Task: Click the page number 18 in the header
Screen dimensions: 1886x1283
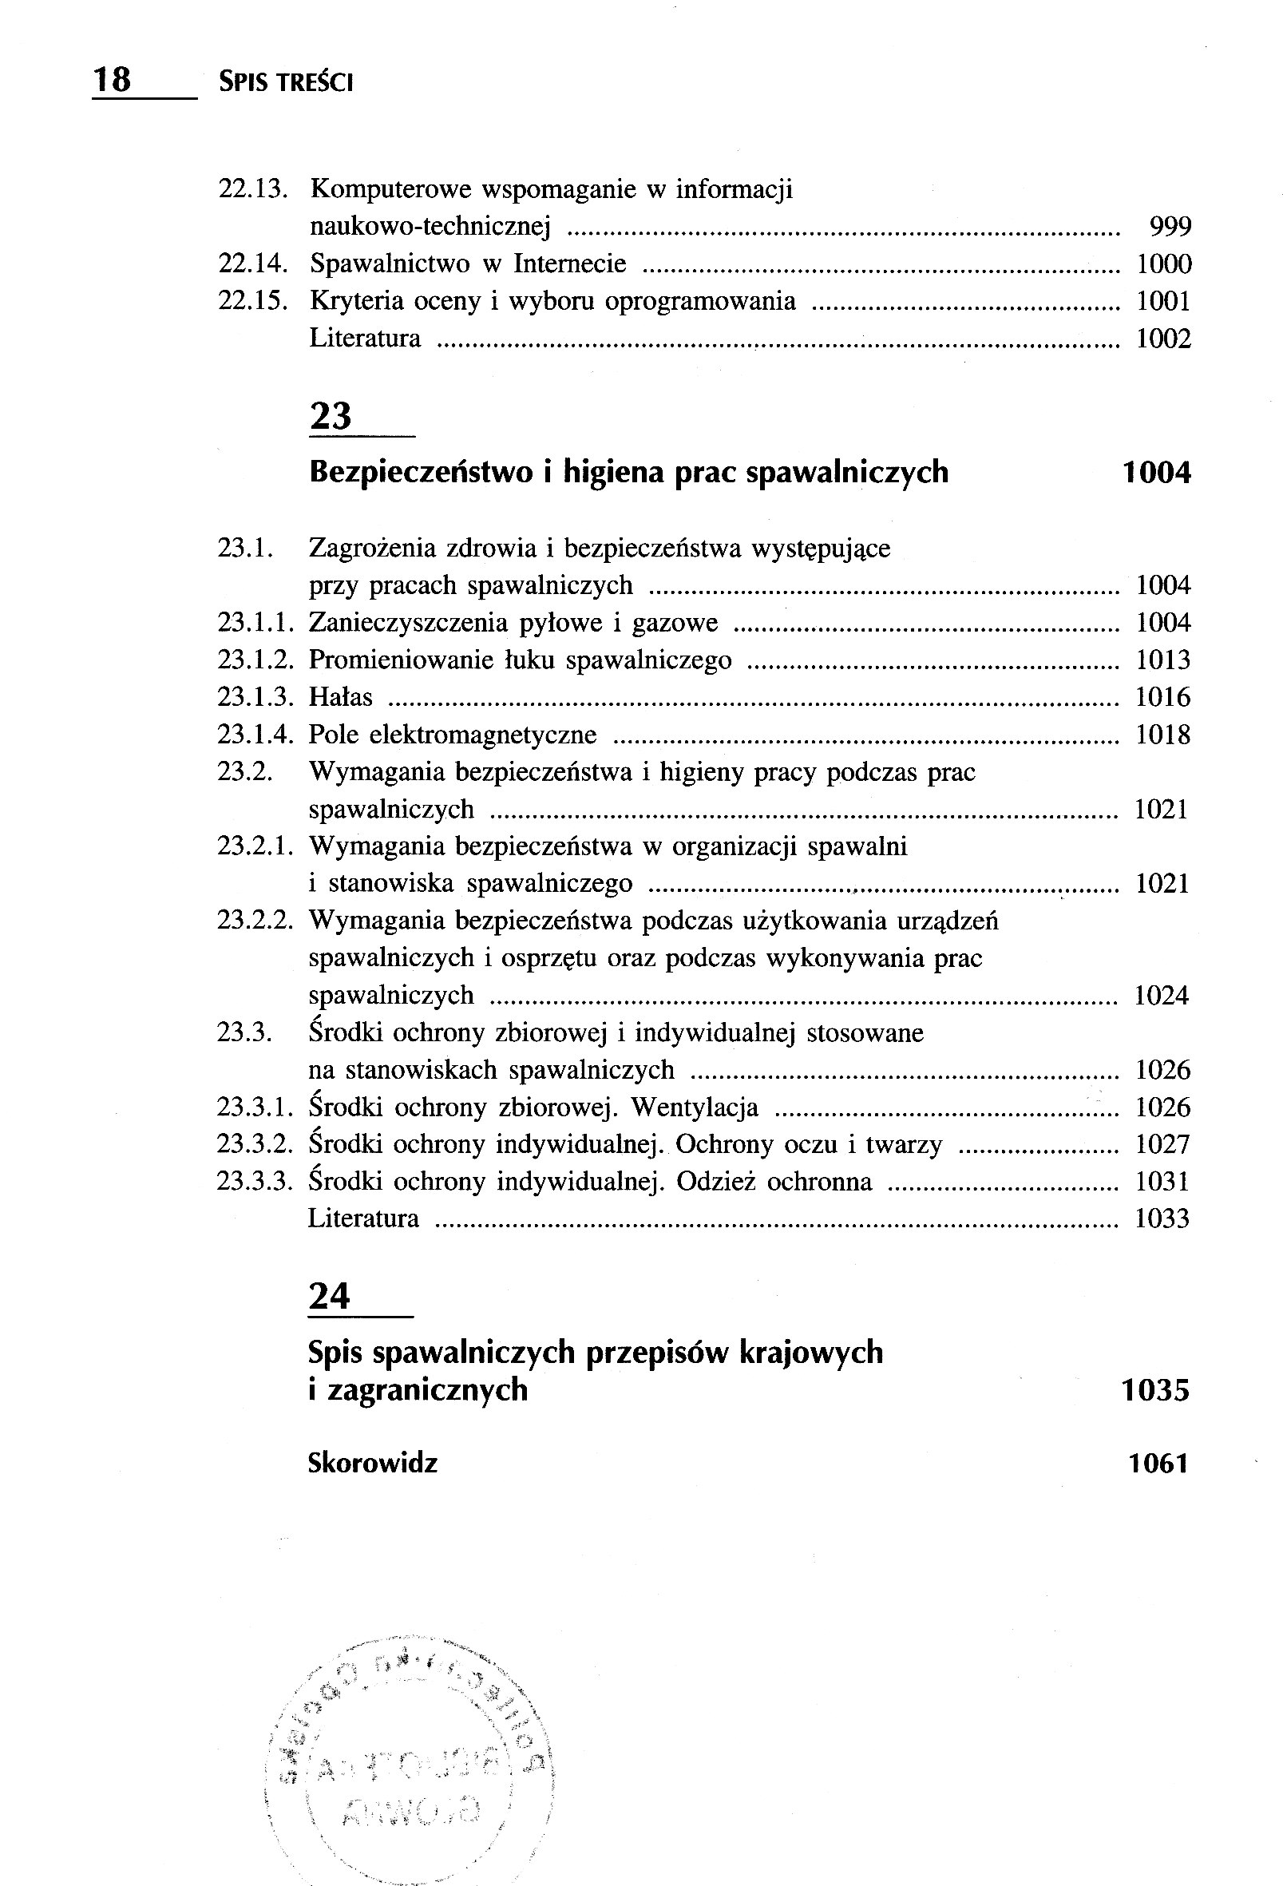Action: (112, 81)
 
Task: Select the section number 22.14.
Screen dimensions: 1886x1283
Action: (254, 263)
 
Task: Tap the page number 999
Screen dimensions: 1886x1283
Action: (1170, 227)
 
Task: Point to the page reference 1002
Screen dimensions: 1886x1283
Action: (1163, 339)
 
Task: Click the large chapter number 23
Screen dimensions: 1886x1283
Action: (331, 415)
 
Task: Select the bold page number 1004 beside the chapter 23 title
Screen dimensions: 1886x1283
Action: (1155, 473)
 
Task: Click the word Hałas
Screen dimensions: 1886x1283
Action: (340, 697)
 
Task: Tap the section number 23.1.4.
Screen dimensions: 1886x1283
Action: (254, 735)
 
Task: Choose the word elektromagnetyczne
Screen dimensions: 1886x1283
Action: (483, 735)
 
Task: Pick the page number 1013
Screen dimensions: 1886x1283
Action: (1163, 660)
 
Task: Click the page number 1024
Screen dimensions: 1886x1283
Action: (1162, 995)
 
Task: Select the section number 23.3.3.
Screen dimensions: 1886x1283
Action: (254, 1181)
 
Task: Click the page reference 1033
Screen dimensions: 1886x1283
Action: (1162, 1218)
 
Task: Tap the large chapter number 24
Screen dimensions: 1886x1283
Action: (330, 1296)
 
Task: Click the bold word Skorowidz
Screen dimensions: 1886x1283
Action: (373, 1463)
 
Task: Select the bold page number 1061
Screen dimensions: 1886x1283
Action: (1158, 1463)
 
